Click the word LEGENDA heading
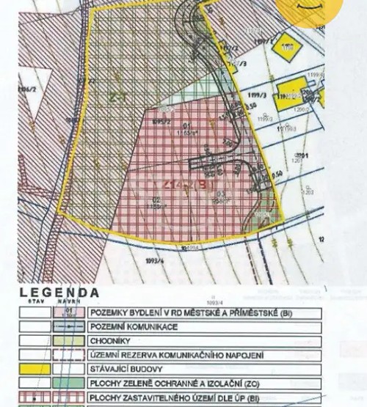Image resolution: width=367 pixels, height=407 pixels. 59,291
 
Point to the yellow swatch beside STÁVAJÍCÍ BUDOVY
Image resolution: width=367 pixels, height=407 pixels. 34,369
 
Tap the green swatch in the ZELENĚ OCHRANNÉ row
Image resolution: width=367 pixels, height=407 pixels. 69,383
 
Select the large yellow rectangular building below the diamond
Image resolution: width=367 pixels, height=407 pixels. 288,95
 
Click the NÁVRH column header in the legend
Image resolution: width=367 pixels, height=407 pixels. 69,301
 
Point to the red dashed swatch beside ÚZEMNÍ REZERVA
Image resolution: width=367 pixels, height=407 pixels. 69,355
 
